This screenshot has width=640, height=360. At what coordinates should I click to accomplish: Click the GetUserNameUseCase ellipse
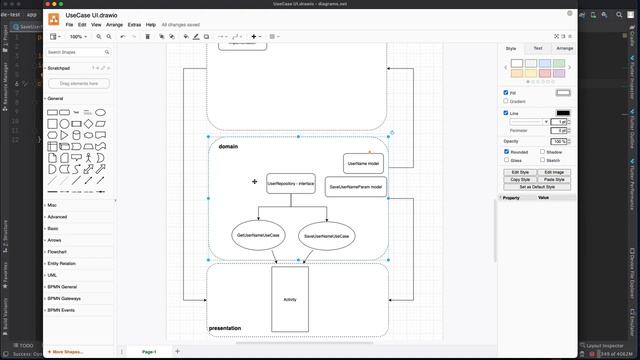tap(259, 235)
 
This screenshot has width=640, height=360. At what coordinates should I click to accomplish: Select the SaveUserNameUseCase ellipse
tap(326, 236)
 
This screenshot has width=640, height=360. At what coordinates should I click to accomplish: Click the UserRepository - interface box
tap(291, 184)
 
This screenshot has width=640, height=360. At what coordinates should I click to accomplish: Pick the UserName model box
tap(363, 163)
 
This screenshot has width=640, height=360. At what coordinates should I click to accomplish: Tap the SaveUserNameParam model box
tap(356, 186)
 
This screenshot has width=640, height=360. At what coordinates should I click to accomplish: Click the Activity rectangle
tap(290, 299)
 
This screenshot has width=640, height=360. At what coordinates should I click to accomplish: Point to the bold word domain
tap(228, 147)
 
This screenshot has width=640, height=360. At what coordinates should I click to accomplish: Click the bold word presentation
tap(225, 328)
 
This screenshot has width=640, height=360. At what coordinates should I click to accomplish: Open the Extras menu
tap(134, 24)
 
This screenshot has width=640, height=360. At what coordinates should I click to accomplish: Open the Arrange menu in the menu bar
tap(114, 24)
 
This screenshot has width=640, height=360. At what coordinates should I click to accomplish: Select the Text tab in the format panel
tap(537, 48)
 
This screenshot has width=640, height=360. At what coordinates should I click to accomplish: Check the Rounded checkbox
tap(506, 152)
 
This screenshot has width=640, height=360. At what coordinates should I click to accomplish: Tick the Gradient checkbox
tap(506, 101)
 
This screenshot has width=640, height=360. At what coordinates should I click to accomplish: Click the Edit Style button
tap(520, 172)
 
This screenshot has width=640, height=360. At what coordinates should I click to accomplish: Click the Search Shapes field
tap(80, 53)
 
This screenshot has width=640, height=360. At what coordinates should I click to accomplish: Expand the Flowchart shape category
tap(58, 252)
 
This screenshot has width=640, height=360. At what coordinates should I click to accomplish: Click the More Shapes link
tap(68, 352)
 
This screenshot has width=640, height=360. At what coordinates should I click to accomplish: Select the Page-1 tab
tap(149, 352)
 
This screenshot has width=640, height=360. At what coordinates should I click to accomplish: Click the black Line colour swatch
tap(563, 113)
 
